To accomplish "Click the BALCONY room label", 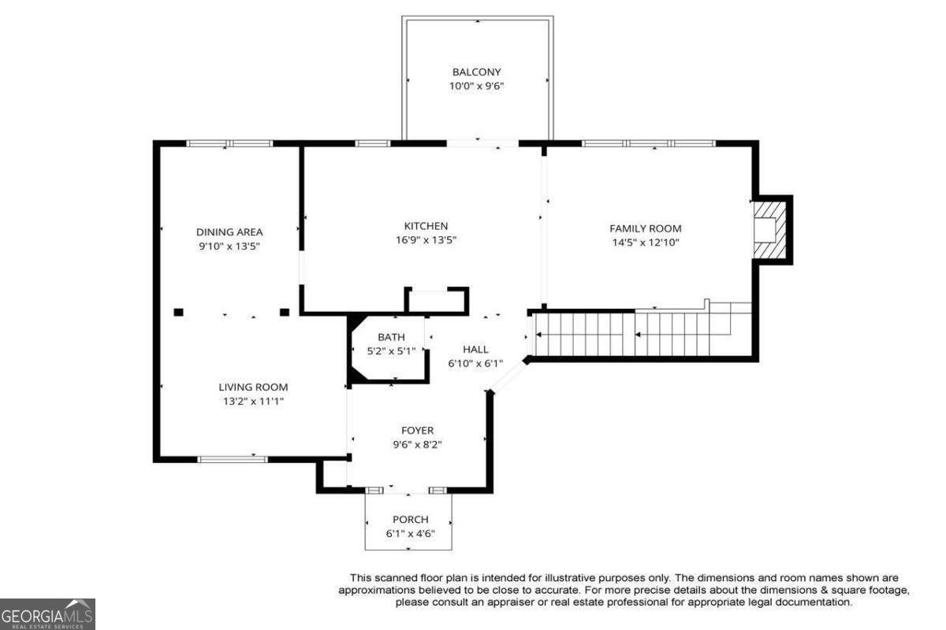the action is [x=476, y=72].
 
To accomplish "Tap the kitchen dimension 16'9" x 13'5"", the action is [x=426, y=240].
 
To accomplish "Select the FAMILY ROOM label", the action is [x=646, y=228].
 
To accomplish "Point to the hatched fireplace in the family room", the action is [x=770, y=230].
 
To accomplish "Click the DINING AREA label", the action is [x=229, y=232].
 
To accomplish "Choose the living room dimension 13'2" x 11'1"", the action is [x=253, y=402].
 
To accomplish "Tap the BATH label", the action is [x=391, y=337].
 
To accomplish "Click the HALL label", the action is [x=475, y=350].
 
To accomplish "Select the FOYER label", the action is [x=417, y=431].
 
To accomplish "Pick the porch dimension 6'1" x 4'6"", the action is [x=410, y=534].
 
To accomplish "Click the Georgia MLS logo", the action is [x=47, y=614].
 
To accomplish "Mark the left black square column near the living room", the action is [x=179, y=313].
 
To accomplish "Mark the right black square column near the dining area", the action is [x=285, y=313].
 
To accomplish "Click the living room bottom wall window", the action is [x=233, y=460].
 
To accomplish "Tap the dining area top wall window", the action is [x=229, y=143].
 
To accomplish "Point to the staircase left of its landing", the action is [x=585, y=335].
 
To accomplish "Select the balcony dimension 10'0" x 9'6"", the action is [x=476, y=86].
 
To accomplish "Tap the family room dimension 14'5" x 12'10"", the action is [x=646, y=243].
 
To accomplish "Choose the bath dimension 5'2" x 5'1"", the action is [x=391, y=351].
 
